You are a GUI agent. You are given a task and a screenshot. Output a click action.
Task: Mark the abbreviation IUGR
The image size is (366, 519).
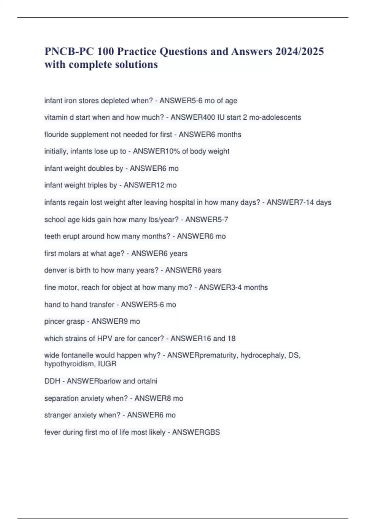pyautogui.click(x=107, y=364)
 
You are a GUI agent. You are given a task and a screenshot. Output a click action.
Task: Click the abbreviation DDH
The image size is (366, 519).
pyautogui.click(x=52, y=381)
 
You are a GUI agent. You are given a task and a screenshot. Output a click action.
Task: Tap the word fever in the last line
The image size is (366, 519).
pyautogui.click(x=52, y=432)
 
